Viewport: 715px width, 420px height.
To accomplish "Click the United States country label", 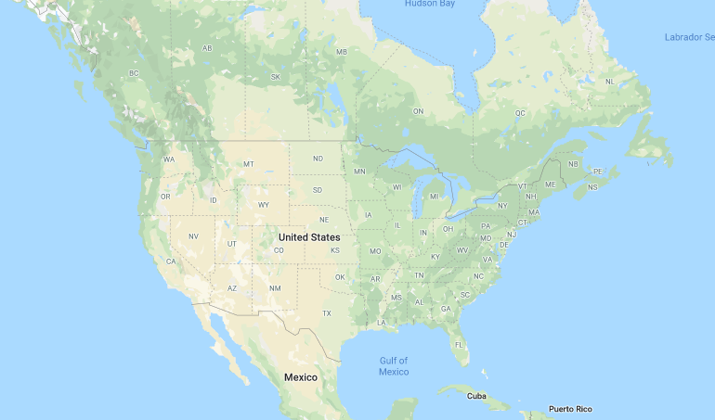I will pyautogui.click(x=309, y=237).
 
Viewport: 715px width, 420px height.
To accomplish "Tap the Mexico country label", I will pyautogui.click(x=300, y=377).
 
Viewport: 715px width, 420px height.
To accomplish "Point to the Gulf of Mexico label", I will pyautogui.click(x=393, y=365).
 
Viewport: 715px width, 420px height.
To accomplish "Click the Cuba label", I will pyautogui.click(x=476, y=396).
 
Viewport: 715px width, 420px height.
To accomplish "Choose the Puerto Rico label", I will pyautogui.click(x=569, y=409).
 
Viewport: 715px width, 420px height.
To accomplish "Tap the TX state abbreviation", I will pyautogui.click(x=326, y=313).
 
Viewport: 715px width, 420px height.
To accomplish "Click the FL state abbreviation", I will pyautogui.click(x=459, y=346).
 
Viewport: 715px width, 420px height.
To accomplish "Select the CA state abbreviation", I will pyautogui.click(x=171, y=261).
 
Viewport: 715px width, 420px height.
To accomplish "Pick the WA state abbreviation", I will pyautogui.click(x=169, y=159).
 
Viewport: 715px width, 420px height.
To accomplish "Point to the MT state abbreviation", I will pyautogui.click(x=248, y=164).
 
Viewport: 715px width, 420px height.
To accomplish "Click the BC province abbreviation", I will pyautogui.click(x=134, y=73).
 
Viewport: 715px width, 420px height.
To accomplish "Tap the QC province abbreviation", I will pyautogui.click(x=520, y=113).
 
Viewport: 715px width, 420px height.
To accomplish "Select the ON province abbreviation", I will pyautogui.click(x=418, y=111).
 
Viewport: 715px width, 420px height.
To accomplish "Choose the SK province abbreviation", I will pyautogui.click(x=275, y=77).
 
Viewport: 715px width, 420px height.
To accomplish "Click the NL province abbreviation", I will pyautogui.click(x=609, y=82).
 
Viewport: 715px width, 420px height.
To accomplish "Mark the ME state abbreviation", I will pyautogui.click(x=550, y=185).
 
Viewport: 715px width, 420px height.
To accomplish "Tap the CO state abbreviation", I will pyautogui.click(x=278, y=250).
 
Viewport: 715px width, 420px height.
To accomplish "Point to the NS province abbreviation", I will pyautogui.click(x=592, y=187).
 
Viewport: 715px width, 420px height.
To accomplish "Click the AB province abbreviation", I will pyautogui.click(x=207, y=48).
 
